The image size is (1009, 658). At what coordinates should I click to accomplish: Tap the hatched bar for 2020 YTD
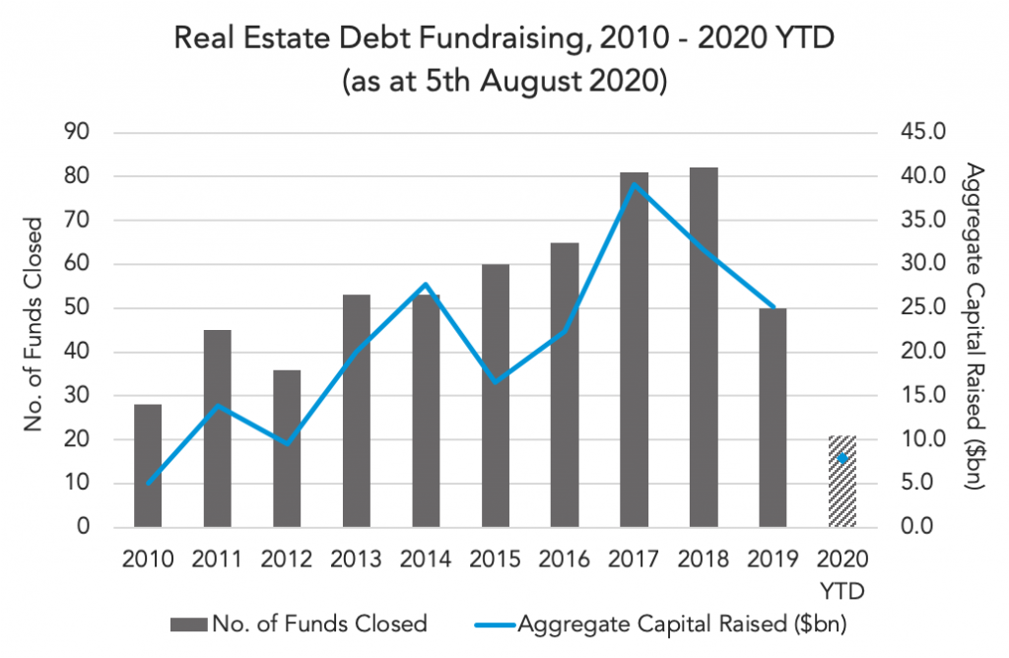(x=842, y=482)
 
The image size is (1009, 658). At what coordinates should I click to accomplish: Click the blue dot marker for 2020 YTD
(x=842, y=458)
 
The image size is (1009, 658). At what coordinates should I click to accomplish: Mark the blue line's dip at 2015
(x=496, y=381)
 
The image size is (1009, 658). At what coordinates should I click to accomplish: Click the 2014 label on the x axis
(x=426, y=559)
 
